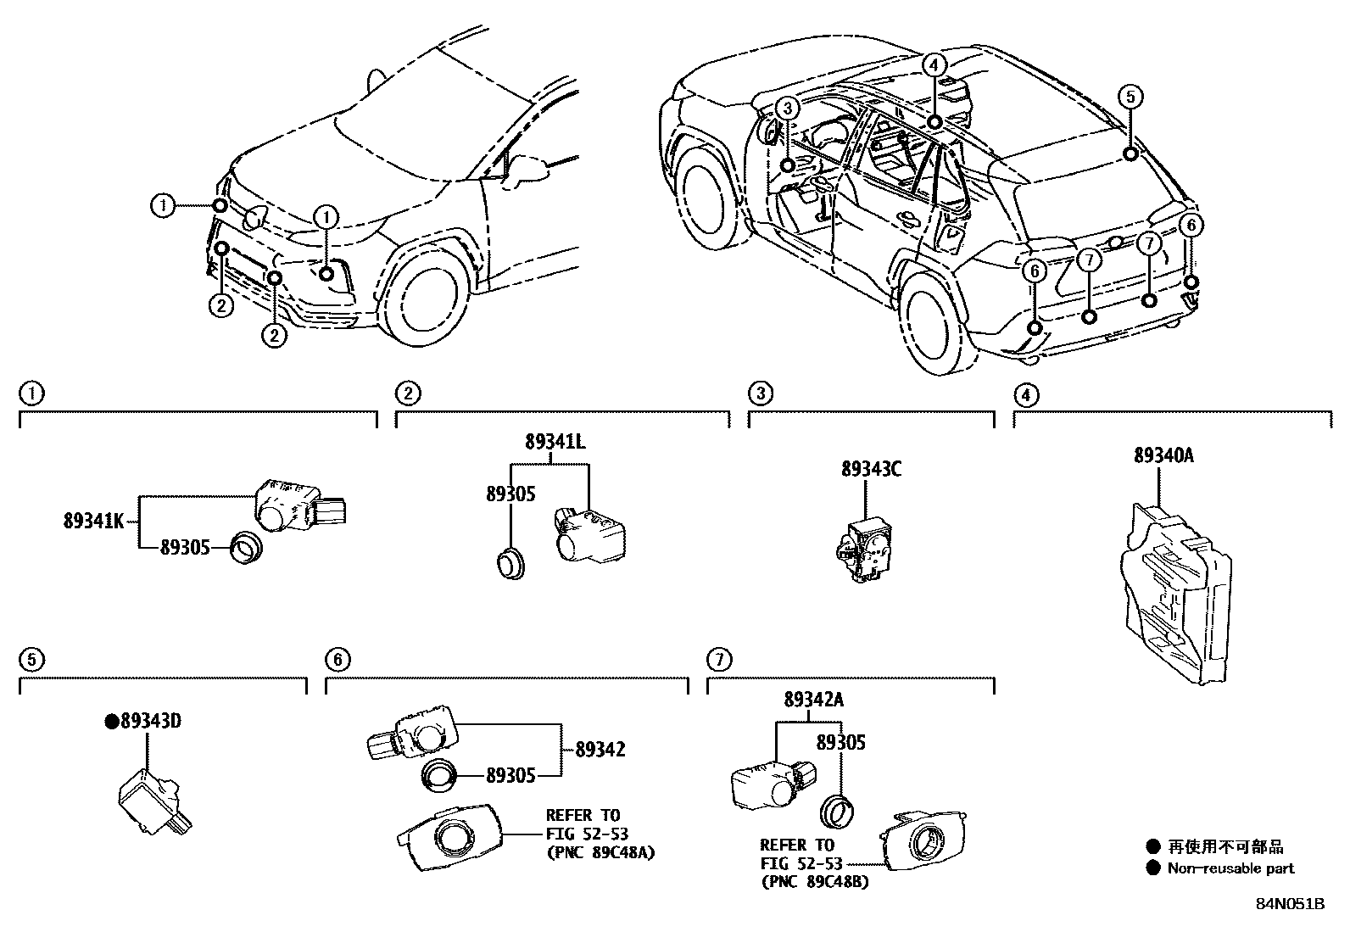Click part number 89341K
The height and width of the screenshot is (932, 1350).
coord(94,521)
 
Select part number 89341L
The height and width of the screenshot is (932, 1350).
coord(555,442)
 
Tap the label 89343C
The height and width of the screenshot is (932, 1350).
coord(871,469)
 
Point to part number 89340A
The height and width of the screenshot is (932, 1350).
coord(1163,455)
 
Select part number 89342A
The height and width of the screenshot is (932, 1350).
coord(813,700)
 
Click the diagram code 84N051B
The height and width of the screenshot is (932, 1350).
coord(1290,903)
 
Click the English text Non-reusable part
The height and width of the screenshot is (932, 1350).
coord(1230,868)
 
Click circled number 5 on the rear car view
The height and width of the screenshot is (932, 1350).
coord(1130,97)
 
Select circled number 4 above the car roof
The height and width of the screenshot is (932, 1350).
coord(933,64)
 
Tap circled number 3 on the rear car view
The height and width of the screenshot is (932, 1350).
coord(788,108)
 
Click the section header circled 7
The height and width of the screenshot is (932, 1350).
coord(718,659)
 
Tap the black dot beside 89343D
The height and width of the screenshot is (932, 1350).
coord(110,722)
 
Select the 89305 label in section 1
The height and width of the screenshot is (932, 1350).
coord(185,548)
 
